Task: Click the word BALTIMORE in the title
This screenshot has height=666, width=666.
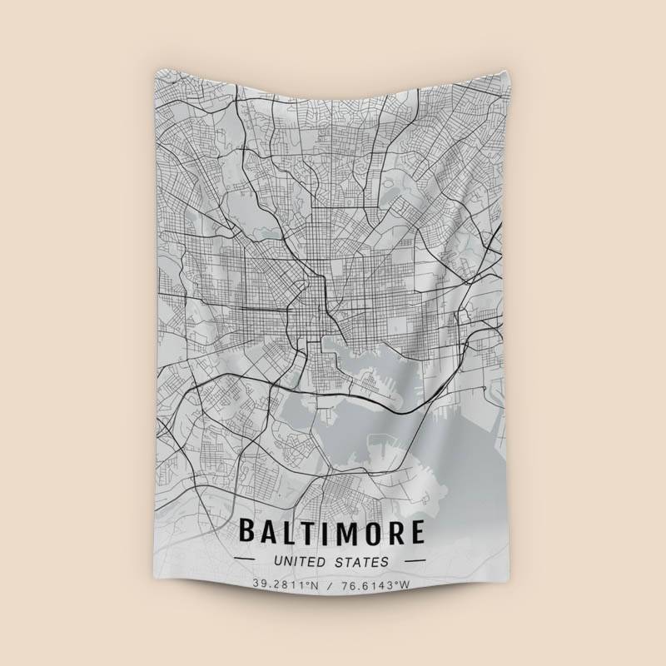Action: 331,531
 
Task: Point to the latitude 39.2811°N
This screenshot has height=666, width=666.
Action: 286,584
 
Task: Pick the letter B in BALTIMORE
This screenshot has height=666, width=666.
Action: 248,531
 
